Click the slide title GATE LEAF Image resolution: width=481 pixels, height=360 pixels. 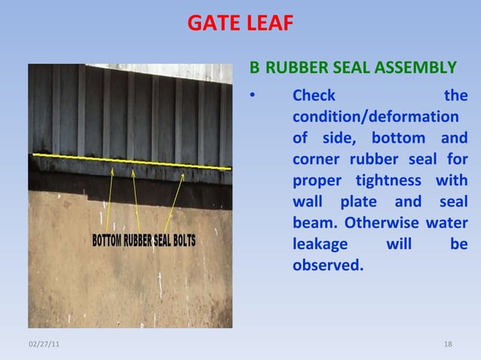coord(240,24)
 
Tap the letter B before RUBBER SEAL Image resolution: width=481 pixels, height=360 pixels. coord(255,69)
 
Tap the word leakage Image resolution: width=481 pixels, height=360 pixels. coord(320,244)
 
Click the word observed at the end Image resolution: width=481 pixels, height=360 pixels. coord(327,266)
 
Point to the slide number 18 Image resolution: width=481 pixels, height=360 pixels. coord(449,344)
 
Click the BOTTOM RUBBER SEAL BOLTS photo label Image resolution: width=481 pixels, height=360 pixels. coord(144,241)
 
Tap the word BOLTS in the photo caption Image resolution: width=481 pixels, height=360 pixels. coord(181,241)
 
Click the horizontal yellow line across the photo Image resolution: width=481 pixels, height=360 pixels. coord(136,161)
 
